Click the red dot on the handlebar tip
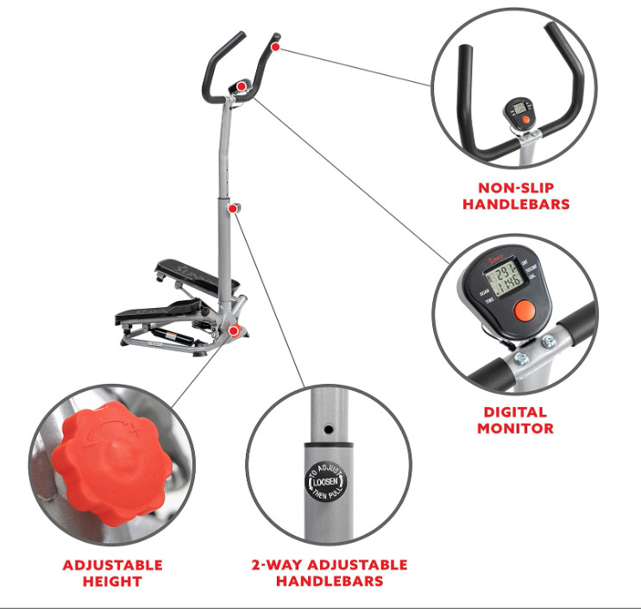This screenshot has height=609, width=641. point(275,47)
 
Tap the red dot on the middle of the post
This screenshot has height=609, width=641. point(233,209)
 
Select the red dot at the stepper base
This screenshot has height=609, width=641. point(235,330)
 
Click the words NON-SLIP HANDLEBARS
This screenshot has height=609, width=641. point(516,196)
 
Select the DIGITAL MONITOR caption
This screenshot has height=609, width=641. point(515,420)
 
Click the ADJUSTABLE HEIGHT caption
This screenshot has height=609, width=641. point(112,574)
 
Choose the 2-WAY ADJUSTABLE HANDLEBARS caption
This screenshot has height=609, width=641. point(329,574)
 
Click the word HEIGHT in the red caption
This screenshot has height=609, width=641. point(112,582)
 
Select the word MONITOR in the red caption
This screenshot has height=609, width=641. point(515,428)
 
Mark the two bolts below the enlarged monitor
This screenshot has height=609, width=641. point(536,347)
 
